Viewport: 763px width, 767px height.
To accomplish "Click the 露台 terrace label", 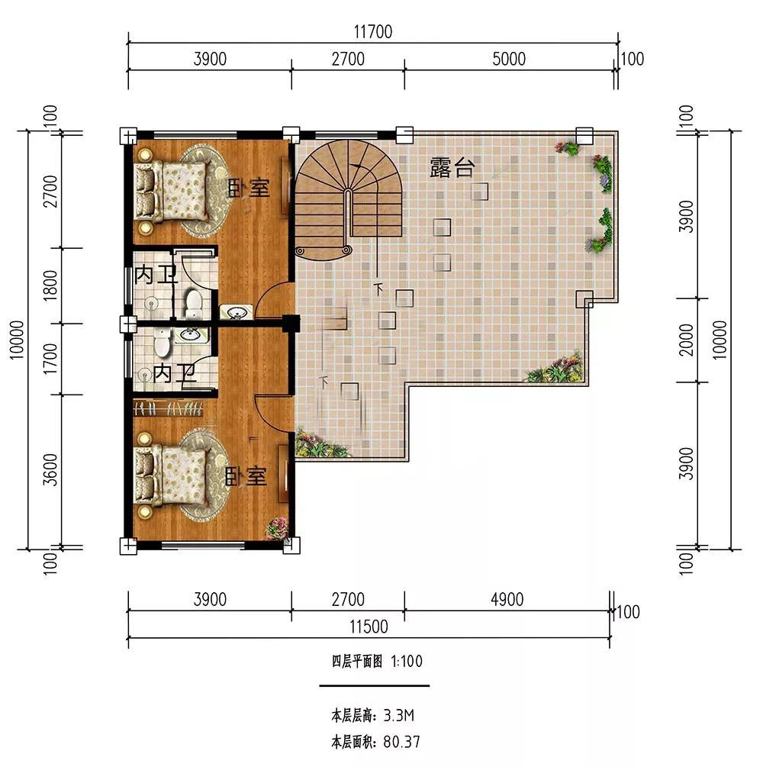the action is tap(452, 167).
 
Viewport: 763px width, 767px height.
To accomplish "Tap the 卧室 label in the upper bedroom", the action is tap(249, 187).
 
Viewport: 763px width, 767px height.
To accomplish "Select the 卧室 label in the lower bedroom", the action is tap(246, 476).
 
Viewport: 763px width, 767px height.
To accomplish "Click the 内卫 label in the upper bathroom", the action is tap(156, 276).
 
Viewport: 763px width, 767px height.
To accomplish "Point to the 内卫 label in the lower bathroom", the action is tap(175, 374).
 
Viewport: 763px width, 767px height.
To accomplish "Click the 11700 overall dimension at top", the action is tap(372, 32).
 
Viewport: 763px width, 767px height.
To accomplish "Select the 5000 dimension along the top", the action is tap(509, 60).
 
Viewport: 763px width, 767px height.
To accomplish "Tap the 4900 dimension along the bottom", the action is tap(507, 599).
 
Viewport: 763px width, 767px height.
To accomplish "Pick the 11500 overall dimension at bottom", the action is tap(369, 627).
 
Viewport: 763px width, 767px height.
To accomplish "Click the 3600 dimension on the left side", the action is tap(50, 469).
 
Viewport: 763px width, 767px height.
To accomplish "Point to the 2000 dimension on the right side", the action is tap(687, 340).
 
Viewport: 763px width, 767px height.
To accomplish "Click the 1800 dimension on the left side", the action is tap(50, 285).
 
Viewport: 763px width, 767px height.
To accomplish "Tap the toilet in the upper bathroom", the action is tap(194, 303).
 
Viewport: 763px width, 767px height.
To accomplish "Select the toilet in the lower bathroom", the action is tap(162, 342).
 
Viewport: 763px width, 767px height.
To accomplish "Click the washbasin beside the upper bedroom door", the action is tap(237, 312).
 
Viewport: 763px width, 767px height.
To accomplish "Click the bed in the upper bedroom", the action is tap(171, 191).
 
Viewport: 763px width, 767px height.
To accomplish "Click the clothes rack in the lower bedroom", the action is tap(168, 408).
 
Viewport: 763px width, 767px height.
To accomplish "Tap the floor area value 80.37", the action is tap(401, 742).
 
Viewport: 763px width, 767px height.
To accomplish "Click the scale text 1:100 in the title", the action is tap(407, 662).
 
